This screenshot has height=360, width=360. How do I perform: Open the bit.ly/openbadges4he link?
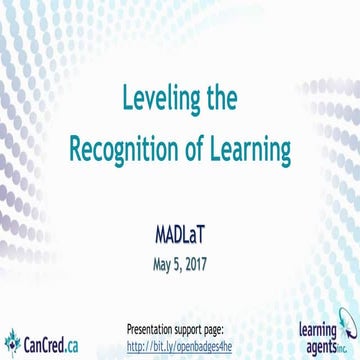179,346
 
